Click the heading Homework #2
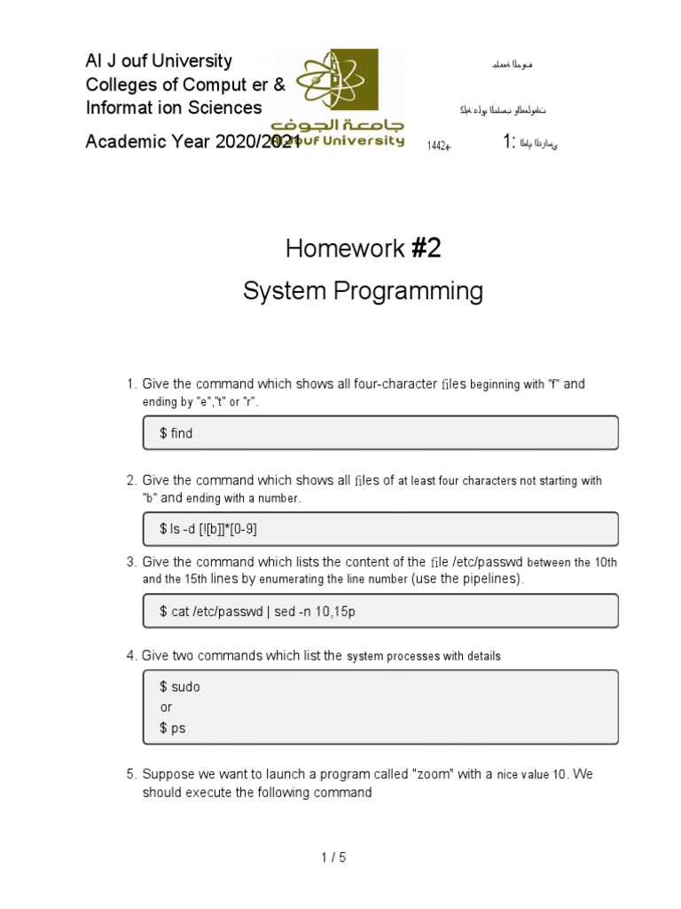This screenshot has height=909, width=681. click(363, 249)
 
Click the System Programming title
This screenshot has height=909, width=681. click(363, 291)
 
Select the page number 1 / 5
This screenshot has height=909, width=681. click(333, 858)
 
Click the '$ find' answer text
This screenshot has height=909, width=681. click(176, 433)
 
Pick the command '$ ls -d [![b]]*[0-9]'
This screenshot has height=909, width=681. click(209, 529)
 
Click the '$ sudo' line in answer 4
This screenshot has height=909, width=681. click(179, 687)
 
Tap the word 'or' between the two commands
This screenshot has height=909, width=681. click(166, 707)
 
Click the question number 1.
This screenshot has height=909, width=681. click(130, 384)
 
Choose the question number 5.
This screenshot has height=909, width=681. click(130, 774)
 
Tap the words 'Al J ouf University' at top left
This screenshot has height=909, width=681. click(159, 61)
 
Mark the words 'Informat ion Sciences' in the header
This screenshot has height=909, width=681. click(174, 108)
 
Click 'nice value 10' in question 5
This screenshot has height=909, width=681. click(529, 774)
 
